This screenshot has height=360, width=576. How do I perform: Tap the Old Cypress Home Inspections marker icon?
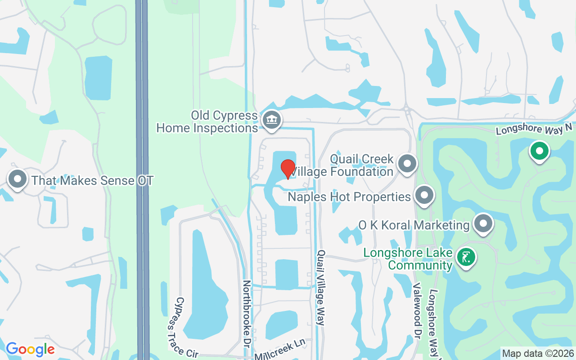pyautogui.click(x=272, y=120)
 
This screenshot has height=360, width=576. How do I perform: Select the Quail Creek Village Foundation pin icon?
pyautogui.click(x=407, y=164)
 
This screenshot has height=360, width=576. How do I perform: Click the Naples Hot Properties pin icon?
pyautogui.click(x=424, y=196)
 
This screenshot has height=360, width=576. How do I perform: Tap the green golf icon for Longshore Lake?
pyautogui.click(x=466, y=258)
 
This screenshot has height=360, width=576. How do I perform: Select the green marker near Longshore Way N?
pyautogui.click(x=539, y=151)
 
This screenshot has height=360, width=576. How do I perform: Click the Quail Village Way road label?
pyautogui.click(x=321, y=288)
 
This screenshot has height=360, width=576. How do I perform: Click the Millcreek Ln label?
pyautogui.click(x=280, y=349)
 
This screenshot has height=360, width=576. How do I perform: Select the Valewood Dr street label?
pyautogui.click(x=417, y=311)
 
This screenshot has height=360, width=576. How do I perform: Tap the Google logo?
pyautogui.click(x=30, y=349)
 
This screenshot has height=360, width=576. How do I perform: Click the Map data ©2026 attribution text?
pyautogui.click(x=538, y=353)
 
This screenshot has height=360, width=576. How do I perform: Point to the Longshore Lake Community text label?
pyautogui.click(x=408, y=259)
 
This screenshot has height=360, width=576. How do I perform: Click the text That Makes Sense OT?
pyautogui.click(x=92, y=181)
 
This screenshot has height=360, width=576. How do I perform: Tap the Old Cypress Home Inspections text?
pyautogui.click(x=207, y=121)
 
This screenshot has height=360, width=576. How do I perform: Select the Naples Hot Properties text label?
pyautogui.click(x=349, y=197)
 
